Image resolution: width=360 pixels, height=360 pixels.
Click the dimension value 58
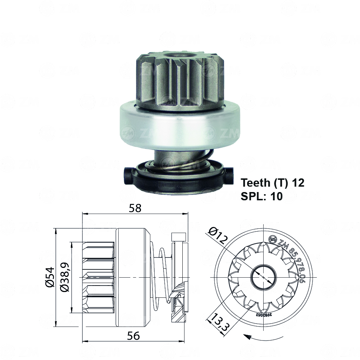(x=136, y=208)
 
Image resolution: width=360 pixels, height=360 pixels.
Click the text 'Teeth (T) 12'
(x=273, y=183)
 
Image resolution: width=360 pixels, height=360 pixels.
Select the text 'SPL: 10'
(x=261, y=196)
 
